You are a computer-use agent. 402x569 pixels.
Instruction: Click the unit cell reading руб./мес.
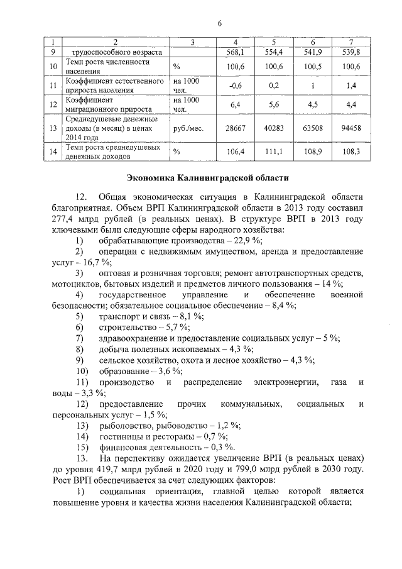tap(187, 128)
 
